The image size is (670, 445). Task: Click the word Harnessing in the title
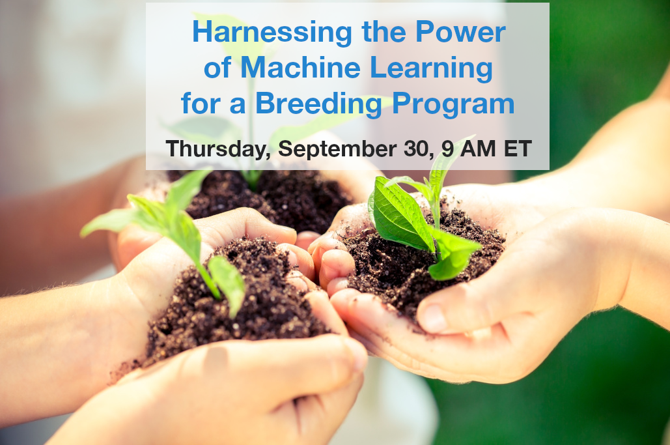[272, 33]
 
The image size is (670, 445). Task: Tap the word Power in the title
[460, 32]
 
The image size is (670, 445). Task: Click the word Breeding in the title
[318, 104]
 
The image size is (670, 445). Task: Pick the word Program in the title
[453, 104]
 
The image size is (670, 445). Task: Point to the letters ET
[518, 149]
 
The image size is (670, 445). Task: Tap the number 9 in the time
[447, 149]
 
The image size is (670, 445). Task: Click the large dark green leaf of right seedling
[402, 214]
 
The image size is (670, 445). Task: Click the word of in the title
[217, 68]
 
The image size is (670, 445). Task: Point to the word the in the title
[384, 32]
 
